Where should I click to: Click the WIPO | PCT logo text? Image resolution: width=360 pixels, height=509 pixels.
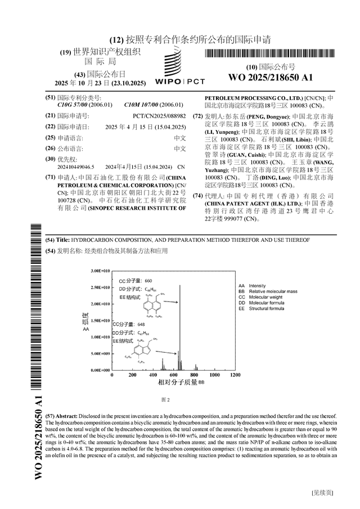(180, 81)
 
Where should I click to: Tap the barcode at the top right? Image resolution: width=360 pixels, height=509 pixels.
(271, 55)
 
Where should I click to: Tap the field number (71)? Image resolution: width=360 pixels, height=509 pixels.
(50, 177)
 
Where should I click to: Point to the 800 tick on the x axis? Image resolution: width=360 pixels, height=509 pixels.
(194, 375)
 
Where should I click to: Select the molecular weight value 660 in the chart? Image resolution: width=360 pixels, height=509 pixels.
(148, 280)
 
